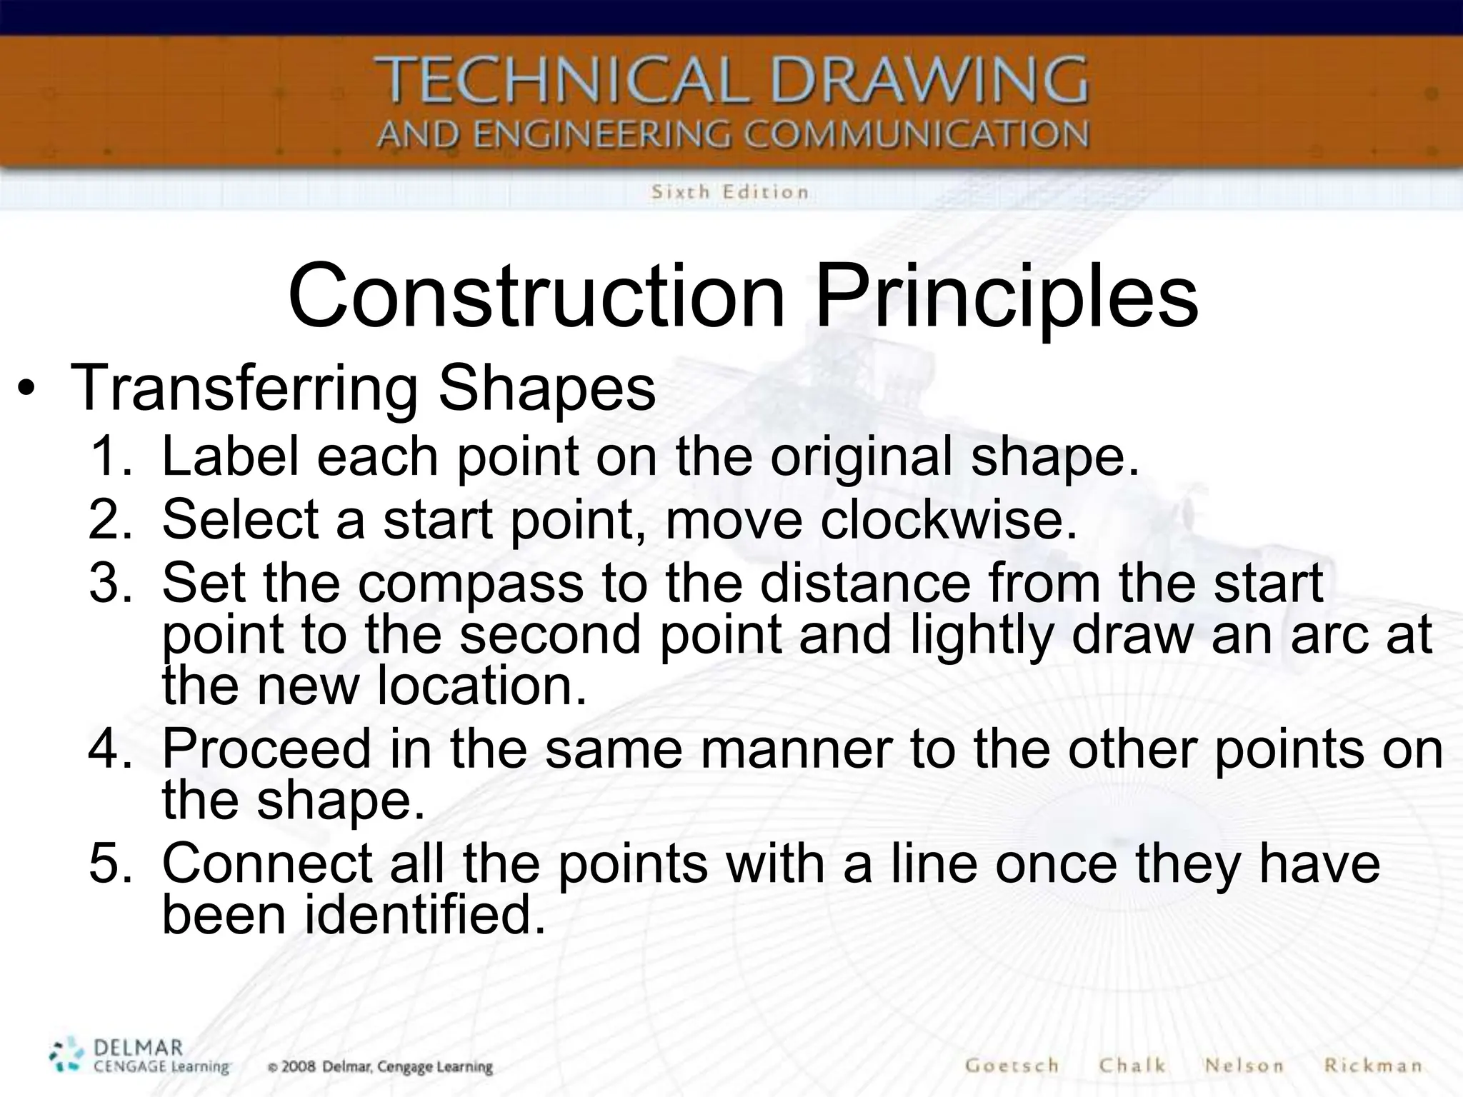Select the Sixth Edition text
click(x=729, y=192)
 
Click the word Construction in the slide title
click(x=536, y=295)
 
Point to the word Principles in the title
click(x=1006, y=295)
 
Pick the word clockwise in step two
click(x=948, y=519)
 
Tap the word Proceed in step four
click(x=266, y=748)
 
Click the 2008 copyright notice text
click(x=380, y=1067)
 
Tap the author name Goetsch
click(x=1012, y=1066)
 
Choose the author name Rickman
click(x=1372, y=1066)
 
